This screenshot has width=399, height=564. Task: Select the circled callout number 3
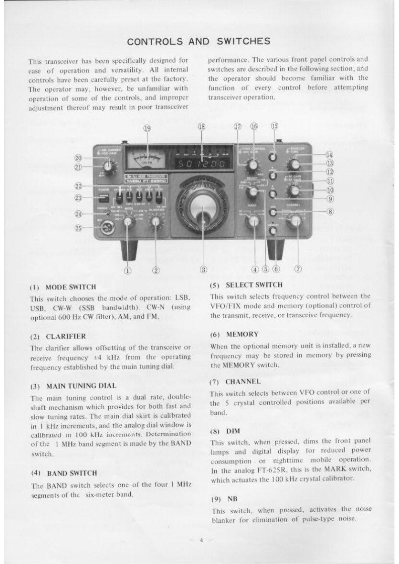(203, 269)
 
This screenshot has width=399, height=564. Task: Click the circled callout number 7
(298, 269)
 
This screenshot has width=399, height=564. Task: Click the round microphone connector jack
(107, 228)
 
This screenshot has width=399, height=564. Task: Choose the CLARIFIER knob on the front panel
(155, 221)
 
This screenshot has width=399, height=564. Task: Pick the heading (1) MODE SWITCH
(63, 287)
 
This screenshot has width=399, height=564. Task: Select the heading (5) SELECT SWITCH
(246, 285)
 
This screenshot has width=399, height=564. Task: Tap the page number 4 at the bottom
(201, 540)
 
